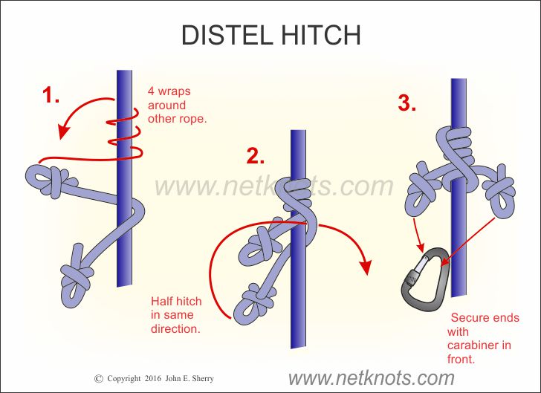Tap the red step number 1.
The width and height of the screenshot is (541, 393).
(51, 97)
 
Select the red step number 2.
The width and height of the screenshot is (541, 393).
(255, 157)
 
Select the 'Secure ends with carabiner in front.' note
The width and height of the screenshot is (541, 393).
(483, 339)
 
